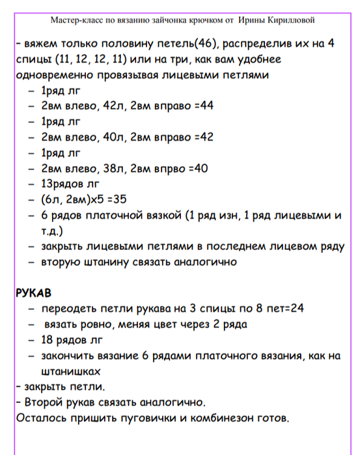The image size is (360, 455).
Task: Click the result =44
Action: pyautogui.click(x=204, y=106)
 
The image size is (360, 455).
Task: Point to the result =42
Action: pyautogui.click(x=204, y=137)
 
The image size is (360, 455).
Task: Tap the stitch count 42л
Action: pyautogui.click(x=113, y=106)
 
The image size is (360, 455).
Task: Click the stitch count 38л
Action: pyautogui.click(x=113, y=169)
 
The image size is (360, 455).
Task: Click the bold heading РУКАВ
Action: pyautogui.click(x=33, y=293)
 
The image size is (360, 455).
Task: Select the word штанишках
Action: pyautogui.click(x=70, y=371)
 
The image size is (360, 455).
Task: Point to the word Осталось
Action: pyautogui.click(x=39, y=417)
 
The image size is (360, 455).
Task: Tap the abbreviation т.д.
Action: pyautogui.click(x=49, y=231)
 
